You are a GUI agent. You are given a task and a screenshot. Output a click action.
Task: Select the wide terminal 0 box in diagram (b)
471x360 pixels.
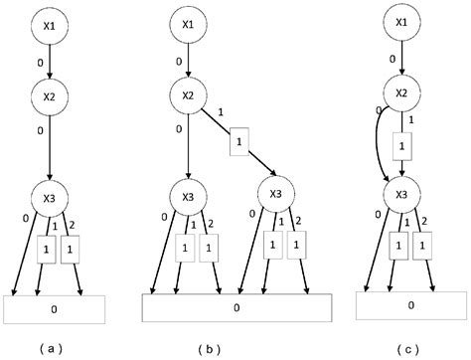(x=236, y=308)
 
